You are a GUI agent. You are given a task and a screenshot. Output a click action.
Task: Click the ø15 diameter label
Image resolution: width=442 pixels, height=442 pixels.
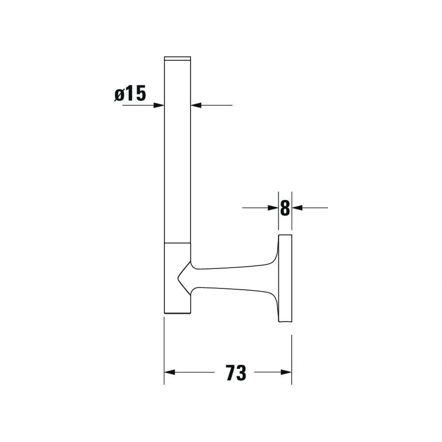[130, 93]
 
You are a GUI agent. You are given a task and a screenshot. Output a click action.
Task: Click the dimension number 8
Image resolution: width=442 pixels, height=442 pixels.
[285, 208]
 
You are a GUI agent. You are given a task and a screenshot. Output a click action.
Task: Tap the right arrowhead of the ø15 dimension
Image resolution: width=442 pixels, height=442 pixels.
[196, 105]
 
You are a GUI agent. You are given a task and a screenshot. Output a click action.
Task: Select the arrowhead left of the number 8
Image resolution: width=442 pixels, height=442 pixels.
[273, 208]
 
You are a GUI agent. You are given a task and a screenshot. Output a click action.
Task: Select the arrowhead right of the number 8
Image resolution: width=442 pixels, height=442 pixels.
[297, 208]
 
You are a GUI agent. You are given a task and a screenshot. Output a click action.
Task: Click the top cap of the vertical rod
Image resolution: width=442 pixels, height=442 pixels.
[177, 58]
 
